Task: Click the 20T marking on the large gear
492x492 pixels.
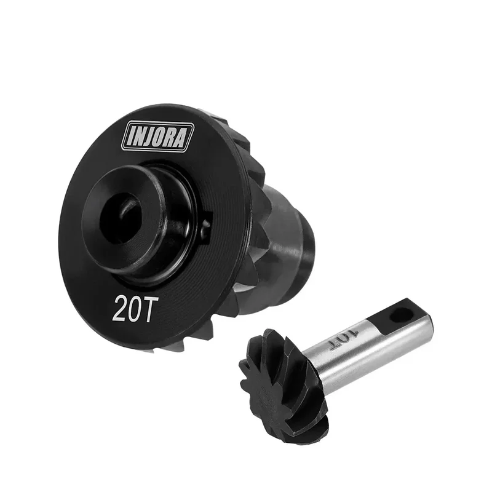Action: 132,308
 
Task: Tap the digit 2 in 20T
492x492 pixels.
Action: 119,308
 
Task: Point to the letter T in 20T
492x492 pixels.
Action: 147,309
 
